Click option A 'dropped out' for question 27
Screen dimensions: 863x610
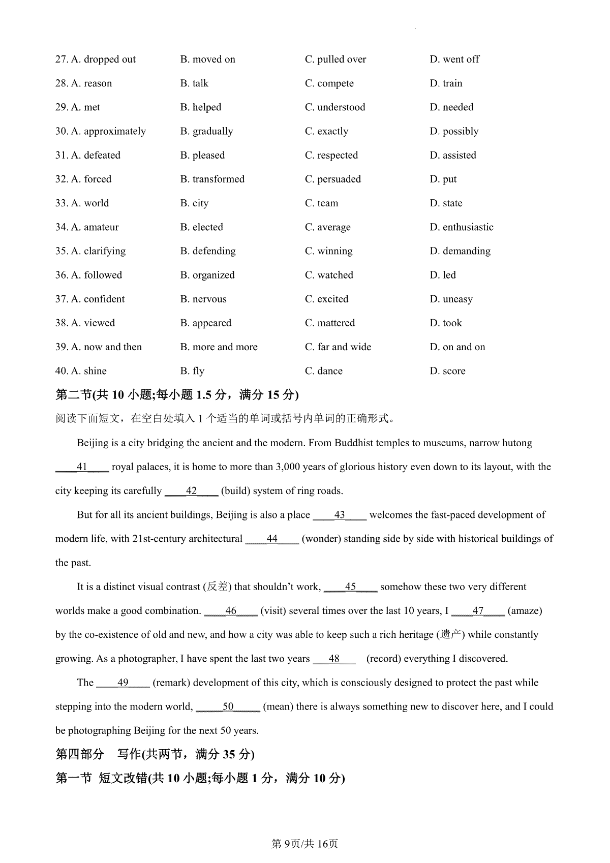[103, 59]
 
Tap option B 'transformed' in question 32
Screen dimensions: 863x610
[212, 179]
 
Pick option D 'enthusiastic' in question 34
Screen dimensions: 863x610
[462, 227]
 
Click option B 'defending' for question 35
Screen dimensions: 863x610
[208, 251]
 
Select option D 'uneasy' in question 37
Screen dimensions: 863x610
[451, 299]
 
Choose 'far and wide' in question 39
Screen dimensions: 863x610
[338, 347]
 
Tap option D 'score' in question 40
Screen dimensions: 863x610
[448, 371]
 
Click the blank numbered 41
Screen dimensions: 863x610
[82, 467]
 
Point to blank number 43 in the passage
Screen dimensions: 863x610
[340, 515]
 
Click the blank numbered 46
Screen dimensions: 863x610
[231, 611]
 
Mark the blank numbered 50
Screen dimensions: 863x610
[228, 706]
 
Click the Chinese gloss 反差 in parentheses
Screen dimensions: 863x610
[218, 587]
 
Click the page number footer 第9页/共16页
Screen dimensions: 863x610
[305, 844]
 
